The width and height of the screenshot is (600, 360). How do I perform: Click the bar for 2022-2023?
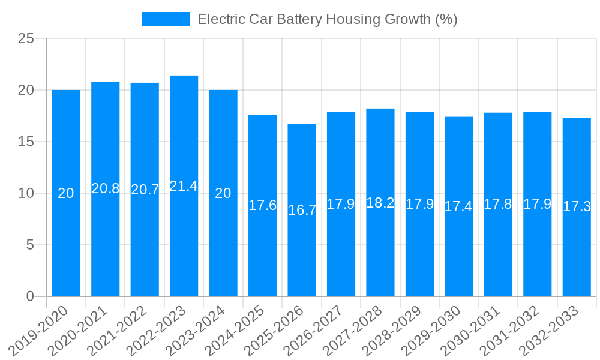point(184,186)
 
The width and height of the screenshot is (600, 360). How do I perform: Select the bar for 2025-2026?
point(302,210)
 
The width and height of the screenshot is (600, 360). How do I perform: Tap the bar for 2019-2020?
point(66,193)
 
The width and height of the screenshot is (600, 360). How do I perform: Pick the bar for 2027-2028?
point(380,202)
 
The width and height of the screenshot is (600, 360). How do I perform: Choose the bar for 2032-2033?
point(577,207)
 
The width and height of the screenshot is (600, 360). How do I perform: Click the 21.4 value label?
point(184,186)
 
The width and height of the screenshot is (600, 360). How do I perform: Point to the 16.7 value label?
point(302,210)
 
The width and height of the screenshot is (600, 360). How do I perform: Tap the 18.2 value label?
point(380,203)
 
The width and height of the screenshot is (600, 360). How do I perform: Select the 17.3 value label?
point(577,207)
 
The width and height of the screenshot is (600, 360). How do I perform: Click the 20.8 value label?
point(105,188)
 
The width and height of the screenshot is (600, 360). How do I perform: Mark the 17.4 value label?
point(458,206)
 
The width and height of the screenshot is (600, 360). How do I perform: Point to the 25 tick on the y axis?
point(26,39)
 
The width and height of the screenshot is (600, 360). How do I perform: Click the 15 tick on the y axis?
point(26,142)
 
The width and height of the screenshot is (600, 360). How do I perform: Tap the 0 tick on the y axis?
point(31,296)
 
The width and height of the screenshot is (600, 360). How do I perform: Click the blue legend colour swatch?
point(166,19)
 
